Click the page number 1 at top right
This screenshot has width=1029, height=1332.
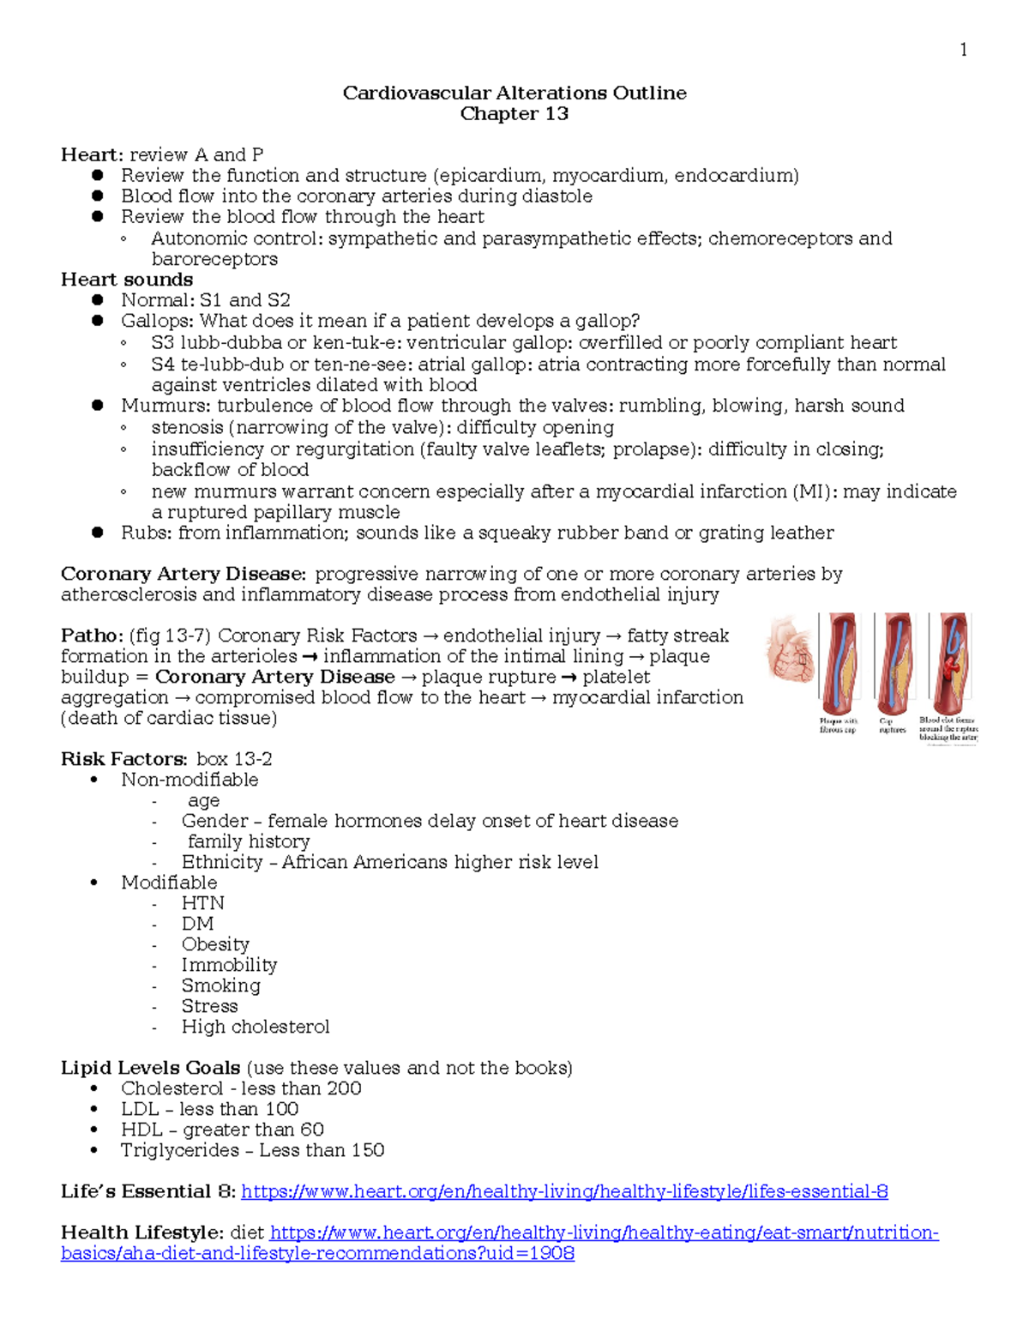coord(963,50)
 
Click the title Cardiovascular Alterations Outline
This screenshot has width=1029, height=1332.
coord(514,93)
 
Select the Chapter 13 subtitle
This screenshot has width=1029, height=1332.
coord(514,113)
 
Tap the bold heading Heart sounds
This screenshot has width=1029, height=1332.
coord(127,280)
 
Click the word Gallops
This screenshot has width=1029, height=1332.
coord(157,321)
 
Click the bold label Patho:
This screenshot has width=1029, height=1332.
coord(92,636)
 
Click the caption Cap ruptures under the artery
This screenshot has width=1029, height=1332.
coord(892,726)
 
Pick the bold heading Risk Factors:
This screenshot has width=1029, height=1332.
coord(123,759)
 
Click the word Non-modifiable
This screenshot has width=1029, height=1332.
coord(190,780)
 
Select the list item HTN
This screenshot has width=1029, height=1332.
coord(202,903)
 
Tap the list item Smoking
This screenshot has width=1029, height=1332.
coord(220,985)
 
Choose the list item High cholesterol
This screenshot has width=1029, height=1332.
coord(255,1027)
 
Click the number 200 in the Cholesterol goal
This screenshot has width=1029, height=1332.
coord(344,1088)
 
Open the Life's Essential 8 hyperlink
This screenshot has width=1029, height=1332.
coord(564,1191)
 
